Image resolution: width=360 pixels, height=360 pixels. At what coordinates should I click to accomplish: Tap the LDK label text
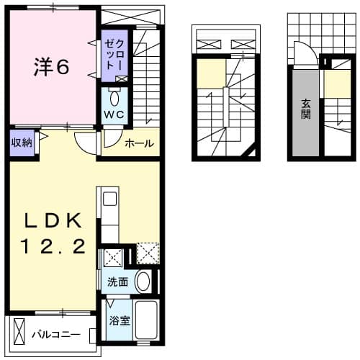(50, 219)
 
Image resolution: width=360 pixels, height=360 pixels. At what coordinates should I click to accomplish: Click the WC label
(116, 114)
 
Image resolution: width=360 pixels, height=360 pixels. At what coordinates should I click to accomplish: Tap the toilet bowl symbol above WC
(115, 97)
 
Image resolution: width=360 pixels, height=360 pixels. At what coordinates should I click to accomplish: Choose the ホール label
(139, 143)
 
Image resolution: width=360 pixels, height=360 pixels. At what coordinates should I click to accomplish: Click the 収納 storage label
(21, 142)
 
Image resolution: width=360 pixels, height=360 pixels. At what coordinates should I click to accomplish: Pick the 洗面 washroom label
(118, 282)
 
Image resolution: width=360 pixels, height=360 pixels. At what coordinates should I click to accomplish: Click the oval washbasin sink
(143, 281)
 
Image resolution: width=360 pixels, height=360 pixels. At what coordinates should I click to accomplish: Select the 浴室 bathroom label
(120, 320)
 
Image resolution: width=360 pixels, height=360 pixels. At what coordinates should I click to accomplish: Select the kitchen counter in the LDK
(109, 216)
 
